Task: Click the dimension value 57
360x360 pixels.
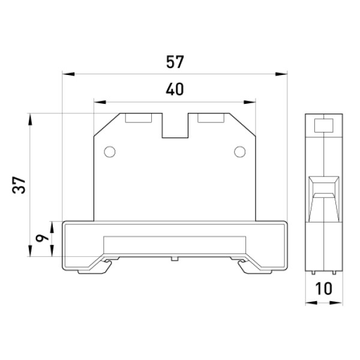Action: coord(175,62)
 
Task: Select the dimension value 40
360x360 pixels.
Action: coord(175,89)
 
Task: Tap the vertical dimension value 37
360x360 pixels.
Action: coord(19,185)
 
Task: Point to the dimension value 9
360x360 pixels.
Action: coord(43,239)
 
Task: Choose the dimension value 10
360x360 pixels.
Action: coord(324,289)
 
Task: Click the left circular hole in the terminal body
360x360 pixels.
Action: coord(110,152)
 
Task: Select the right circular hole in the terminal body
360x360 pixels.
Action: coord(239,152)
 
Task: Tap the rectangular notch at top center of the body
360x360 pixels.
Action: coord(175,125)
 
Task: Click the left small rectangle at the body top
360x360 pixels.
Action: coord(139,118)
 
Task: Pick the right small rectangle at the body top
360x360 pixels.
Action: coord(211,118)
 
